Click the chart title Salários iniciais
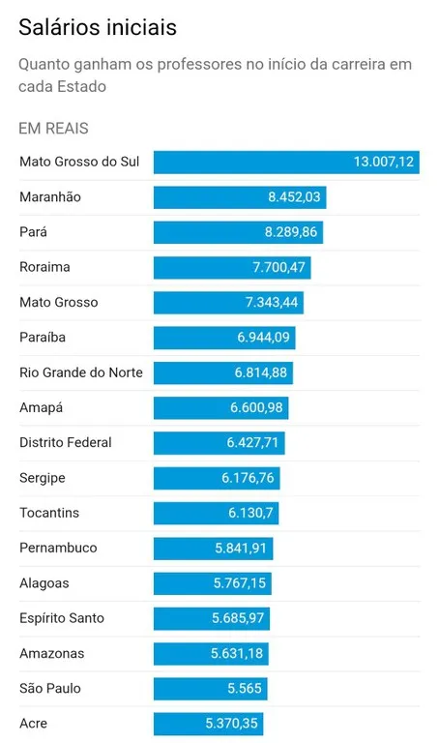98,27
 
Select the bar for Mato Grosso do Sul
285,162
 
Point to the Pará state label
33,232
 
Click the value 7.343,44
273,303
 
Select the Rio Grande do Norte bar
223,372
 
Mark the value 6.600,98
256,407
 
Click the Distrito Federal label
66,442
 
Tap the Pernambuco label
58,548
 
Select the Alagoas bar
213,583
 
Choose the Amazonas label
51,653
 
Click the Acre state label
33,724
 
